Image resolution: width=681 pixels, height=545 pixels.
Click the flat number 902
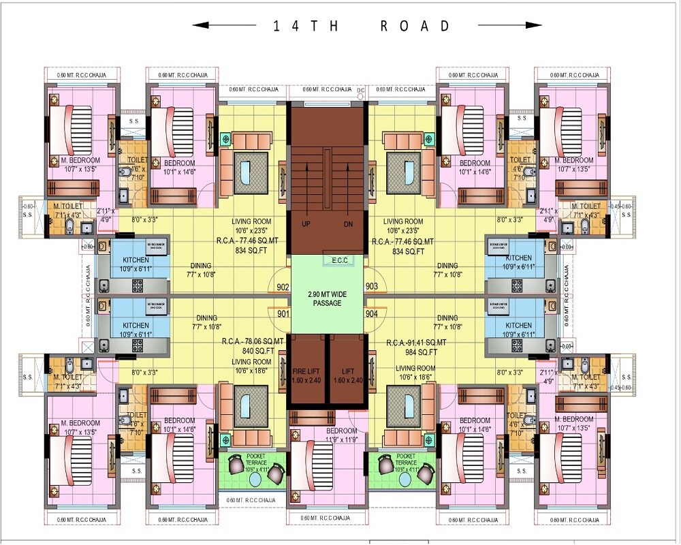click(x=282, y=287)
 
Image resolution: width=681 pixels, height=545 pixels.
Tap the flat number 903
click(x=372, y=287)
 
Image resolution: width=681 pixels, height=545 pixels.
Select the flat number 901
click(x=282, y=313)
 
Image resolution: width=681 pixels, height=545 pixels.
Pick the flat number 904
click(x=372, y=313)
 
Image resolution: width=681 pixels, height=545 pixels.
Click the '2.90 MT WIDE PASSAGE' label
click(x=327, y=298)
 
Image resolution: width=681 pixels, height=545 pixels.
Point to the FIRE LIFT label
click(x=306, y=375)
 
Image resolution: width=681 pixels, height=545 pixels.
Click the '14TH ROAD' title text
click(x=362, y=26)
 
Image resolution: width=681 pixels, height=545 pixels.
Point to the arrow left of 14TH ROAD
click(x=225, y=26)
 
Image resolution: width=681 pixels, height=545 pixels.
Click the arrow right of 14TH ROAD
click(x=510, y=26)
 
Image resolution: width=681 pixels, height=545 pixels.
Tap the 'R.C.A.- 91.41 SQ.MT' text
click(x=416, y=342)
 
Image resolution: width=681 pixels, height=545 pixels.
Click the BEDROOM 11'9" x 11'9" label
click(x=341, y=435)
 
